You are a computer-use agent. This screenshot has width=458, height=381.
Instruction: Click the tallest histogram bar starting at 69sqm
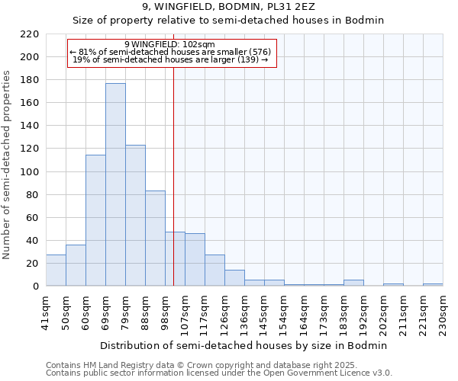[x=115, y=184]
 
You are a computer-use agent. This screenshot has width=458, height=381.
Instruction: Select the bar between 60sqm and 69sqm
[x=95, y=220]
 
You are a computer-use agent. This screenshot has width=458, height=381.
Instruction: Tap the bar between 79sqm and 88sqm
[x=135, y=216]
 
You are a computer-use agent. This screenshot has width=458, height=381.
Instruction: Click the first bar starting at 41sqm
[x=56, y=271]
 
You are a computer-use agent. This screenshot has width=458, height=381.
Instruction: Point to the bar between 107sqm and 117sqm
[x=195, y=260]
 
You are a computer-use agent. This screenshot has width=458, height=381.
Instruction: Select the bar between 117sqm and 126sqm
[x=214, y=271]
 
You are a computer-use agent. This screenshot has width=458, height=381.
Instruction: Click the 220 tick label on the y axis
[x=30, y=34]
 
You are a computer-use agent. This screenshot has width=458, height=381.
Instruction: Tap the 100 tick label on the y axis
[x=30, y=172]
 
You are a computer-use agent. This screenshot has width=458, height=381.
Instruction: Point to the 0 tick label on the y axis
[x=35, y=287]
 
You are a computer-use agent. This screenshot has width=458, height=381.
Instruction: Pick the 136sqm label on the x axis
[x=244, y=312]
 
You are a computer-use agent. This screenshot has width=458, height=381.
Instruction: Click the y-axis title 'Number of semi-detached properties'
[x=8, y=165]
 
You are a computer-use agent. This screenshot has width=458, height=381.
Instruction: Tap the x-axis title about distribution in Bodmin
[x=244, y=345]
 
